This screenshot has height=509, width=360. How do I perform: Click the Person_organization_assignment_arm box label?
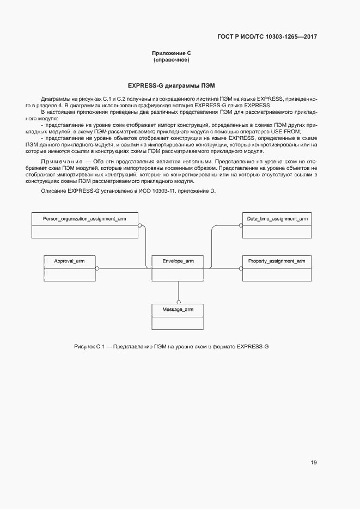click(x=84, y=219)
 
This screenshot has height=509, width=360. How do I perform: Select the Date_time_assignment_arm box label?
click(x=277, y=219)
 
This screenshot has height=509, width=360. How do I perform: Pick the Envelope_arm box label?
click(x=178, y=261)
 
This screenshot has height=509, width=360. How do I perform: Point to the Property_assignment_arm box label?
click(x=277, y=261)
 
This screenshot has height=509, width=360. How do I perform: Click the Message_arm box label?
click(x=178, y=309)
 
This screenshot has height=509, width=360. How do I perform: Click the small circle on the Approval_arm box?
click(x=97, y=268)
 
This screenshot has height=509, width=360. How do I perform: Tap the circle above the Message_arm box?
click(x=178, y=301)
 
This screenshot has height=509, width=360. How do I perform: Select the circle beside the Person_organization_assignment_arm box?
click(x=140, y=225)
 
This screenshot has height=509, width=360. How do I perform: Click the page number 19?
click(x=314, y=463)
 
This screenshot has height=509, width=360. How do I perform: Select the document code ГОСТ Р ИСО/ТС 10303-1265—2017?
click(x=267, y=37)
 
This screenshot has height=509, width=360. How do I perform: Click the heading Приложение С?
click(x=172, y=53)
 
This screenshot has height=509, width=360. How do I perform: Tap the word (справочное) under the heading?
click(x=172, y=60)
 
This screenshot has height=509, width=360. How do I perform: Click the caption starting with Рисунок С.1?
click(x=172, y=347)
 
